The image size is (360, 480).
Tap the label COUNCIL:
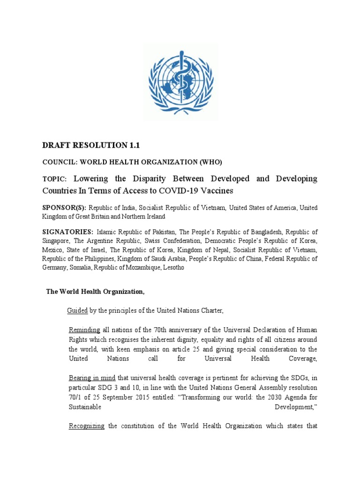pyautogui.click(x=60, y=162)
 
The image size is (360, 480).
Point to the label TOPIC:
pyautogui.click(x=55, y=179)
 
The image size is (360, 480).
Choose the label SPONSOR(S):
pyautogui.click(x=64, y=208)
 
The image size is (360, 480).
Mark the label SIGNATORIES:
pyautogui.click(x=68, y=232)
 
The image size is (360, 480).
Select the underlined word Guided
pyautogui.click(x=77, y=310)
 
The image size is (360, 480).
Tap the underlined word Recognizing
pyautogui.click(x=87, y=426)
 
